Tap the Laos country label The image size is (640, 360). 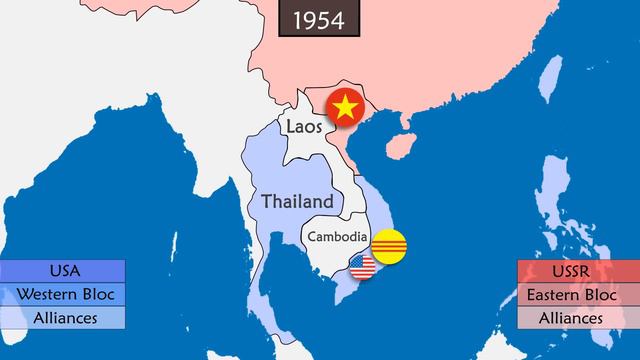(x=303, y=127)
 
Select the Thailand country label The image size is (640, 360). (x=297, y=200)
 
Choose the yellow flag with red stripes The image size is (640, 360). (x=390, y=247)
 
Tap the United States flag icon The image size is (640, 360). (x=362, y=267)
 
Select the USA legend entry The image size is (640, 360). (x=63, y=271)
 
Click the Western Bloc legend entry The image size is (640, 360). (x=63, y=295)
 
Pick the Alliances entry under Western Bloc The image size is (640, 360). (x=63, y=318)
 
